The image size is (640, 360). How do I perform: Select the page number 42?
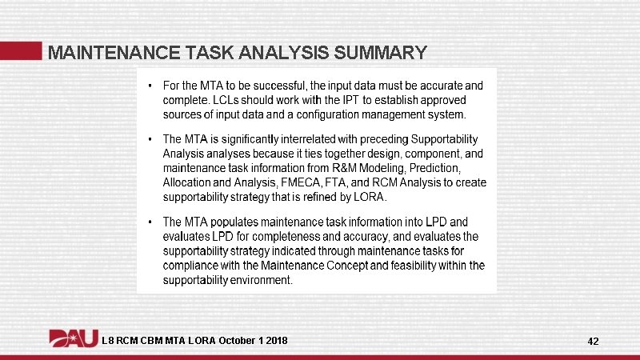pos(593,342)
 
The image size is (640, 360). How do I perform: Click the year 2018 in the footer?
pos(276,342)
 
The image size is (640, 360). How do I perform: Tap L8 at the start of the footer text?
pos(108,342)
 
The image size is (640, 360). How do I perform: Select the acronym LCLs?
pos(234,101)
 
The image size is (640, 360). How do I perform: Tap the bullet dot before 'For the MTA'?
pos(151,85)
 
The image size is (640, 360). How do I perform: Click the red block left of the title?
pos(21,50)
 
